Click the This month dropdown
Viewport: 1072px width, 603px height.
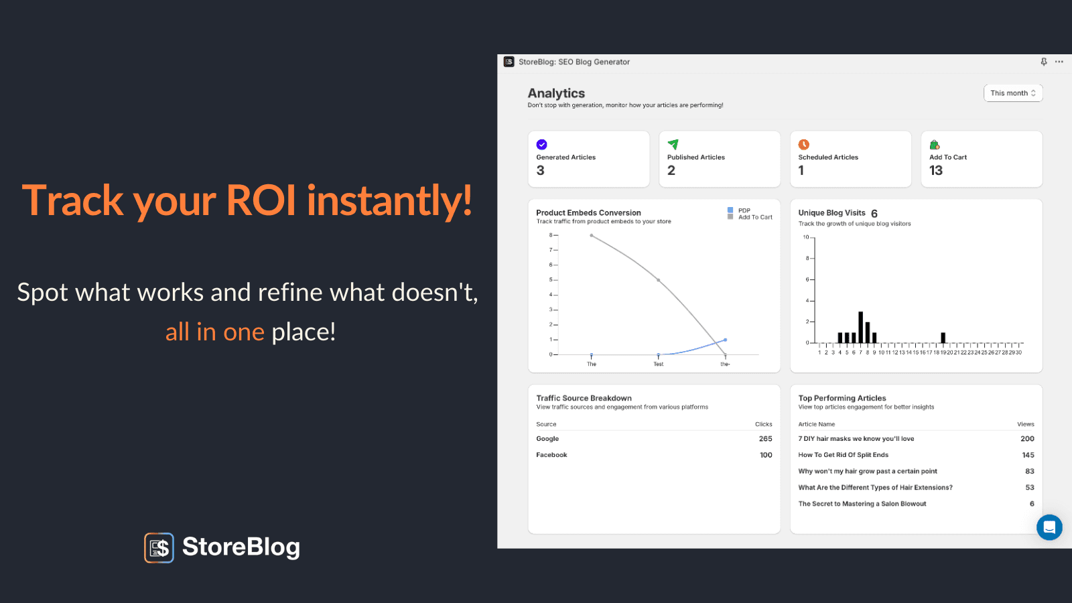[1012, 93]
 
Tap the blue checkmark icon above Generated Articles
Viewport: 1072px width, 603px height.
[542, 144]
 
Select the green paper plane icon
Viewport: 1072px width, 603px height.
[673, 144]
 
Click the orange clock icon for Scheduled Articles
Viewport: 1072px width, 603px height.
[803, 144]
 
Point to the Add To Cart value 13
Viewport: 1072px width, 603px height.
[935, 170]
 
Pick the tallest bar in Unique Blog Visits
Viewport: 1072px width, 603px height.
[860, 328]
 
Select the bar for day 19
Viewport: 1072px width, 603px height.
[943, 338]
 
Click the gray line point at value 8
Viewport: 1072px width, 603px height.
[592, 235]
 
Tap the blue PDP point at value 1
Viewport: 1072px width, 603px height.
[726, 340]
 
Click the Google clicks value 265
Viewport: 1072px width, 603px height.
[765, 438]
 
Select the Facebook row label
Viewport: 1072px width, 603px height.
[551, 455]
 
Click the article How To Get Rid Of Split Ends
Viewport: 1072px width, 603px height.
[844, 455]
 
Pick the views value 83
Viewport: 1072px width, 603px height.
[1029, 471]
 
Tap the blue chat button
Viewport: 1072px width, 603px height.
[1049, 527]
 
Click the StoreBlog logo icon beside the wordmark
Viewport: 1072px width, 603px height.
[159, 547]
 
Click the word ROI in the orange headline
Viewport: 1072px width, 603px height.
[261, 200]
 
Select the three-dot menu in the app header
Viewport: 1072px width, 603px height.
[1059, 62]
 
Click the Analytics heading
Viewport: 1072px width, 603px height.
[556, 93]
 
